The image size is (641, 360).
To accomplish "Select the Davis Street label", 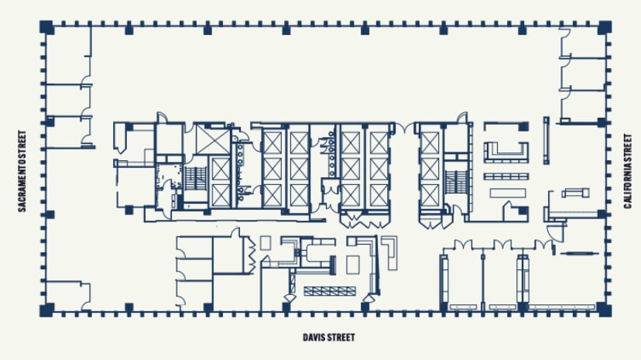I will pos(328,338).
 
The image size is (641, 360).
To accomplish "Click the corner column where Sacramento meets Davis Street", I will pos(47,310).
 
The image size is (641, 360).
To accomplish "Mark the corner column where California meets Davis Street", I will pos(604,310).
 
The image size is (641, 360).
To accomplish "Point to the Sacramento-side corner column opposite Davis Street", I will pos(47,27).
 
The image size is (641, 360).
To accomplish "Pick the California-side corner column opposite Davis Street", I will pos(604,27).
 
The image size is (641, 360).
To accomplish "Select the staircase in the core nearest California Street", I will pos(454,183).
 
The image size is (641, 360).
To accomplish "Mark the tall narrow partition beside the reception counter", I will pos(546,140).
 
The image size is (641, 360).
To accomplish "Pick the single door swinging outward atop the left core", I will pos(161,117).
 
